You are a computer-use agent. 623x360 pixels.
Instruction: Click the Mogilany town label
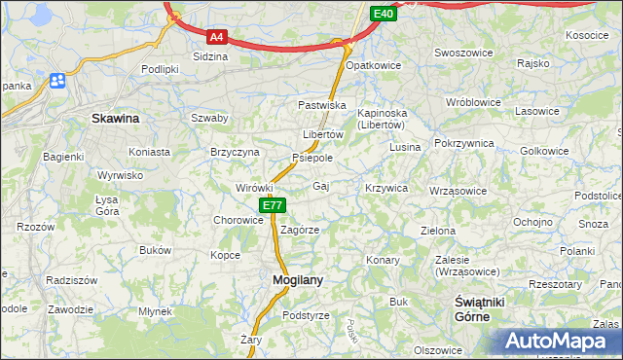tap(290, 279)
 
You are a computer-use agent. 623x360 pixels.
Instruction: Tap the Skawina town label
tap(115, 118)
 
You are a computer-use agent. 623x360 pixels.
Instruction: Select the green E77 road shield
tap(273, 205)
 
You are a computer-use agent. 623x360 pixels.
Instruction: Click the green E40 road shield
tap(384, 14)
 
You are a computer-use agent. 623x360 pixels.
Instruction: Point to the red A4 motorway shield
tap(217, 37)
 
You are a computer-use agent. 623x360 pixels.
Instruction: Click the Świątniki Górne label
tap(480, 309)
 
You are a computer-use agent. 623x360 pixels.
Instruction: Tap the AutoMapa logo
tap(563, 342)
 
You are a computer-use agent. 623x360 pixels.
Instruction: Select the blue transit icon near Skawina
tap(57, 81)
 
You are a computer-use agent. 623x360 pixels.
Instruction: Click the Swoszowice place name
tap(460, 53)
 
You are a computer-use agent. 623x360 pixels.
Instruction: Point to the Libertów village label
tap(323, 134)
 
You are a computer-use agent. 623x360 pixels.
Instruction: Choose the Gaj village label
tap(320, 185)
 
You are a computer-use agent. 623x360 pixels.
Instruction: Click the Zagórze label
tap(300, 230)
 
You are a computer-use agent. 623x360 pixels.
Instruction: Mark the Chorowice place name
tap(238, 220)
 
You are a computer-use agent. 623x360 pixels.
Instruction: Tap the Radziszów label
tap(71, 279)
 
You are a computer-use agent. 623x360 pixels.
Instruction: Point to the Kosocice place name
tap(586, 35)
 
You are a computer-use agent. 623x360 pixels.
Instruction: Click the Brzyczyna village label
tap(235, 152)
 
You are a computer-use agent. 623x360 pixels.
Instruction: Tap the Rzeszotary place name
tap(555, 284)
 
